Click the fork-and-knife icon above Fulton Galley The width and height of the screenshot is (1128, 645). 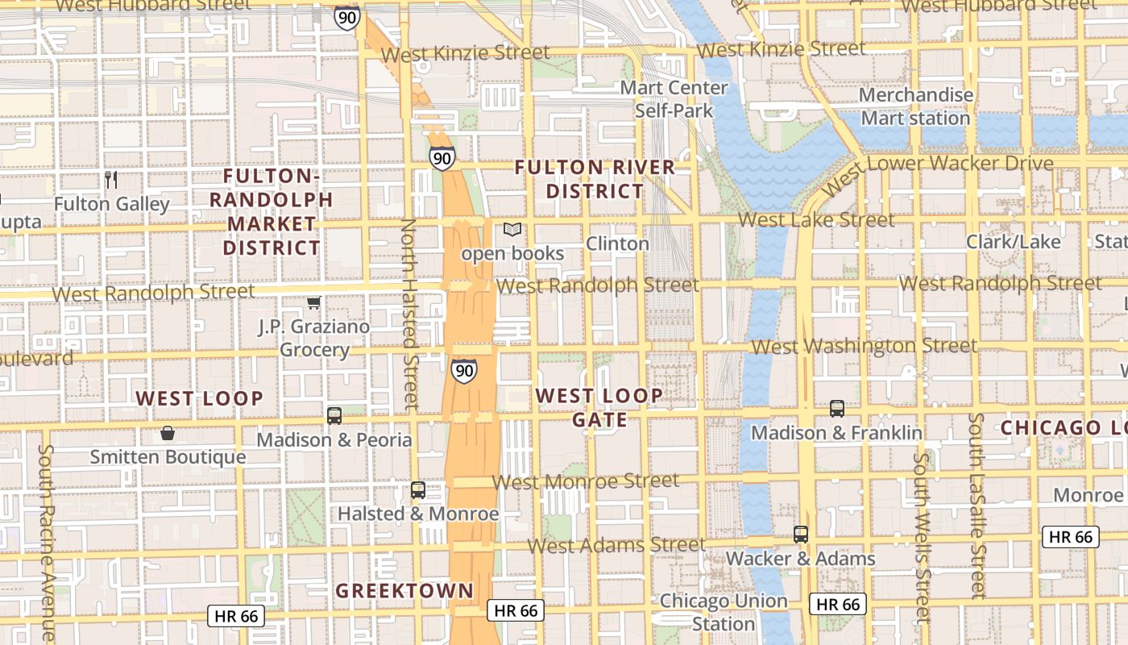click(111, 179)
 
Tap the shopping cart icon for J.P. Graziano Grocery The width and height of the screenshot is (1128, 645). click(313, 302)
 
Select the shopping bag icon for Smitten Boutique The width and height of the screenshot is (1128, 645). click(167, 434)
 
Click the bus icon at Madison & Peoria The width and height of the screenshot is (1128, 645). click(334, 416)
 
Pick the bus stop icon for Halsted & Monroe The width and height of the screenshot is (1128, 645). click(417, 489)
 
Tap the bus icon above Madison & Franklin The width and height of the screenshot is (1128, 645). click(836, 409)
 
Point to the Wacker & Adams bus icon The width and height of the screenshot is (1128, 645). click(800, 534)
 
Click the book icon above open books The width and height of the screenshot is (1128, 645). click(512, 230)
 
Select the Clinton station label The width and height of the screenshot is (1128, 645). click(617, 243)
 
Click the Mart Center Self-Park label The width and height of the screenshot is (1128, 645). click(674, 98)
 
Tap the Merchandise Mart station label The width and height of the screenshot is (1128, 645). click(915, 106)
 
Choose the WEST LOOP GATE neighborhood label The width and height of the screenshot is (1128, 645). click(599, 407)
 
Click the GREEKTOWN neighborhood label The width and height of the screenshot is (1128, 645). click(404, 590)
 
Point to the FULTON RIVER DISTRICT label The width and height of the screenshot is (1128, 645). click(595, 179)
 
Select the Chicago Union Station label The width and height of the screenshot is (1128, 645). click(723, 612)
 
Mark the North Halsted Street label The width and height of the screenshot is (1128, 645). click(409, 313)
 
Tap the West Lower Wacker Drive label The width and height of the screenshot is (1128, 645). click(939, 169)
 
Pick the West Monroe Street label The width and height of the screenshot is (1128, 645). click(586, 481)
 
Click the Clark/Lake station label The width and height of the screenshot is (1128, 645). click(1014, 241)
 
